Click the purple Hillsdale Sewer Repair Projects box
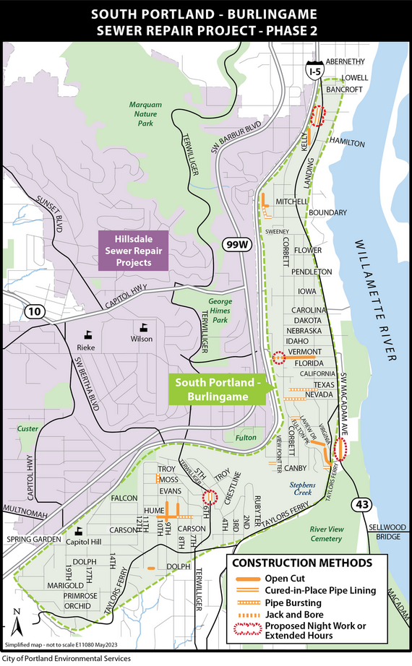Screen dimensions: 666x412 tap(133, 251)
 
